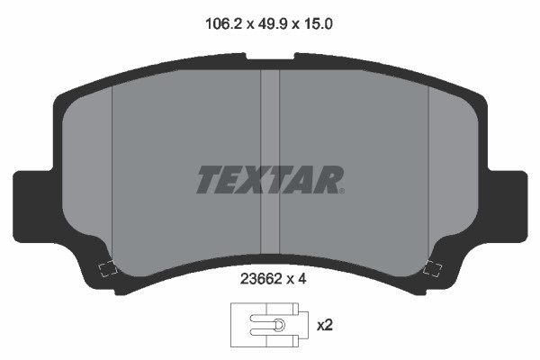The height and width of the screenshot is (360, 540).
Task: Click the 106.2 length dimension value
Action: [224, 24]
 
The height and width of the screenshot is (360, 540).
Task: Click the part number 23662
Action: [261, 279]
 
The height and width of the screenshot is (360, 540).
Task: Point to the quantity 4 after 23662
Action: [301, 279]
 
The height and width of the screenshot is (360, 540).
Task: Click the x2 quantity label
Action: [325, 325]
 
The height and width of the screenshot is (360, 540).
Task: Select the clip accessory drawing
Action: [269, 325]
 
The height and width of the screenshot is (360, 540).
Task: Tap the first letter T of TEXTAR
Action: [210, 179]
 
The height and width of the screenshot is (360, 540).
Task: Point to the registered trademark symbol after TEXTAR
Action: [342, 191]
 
